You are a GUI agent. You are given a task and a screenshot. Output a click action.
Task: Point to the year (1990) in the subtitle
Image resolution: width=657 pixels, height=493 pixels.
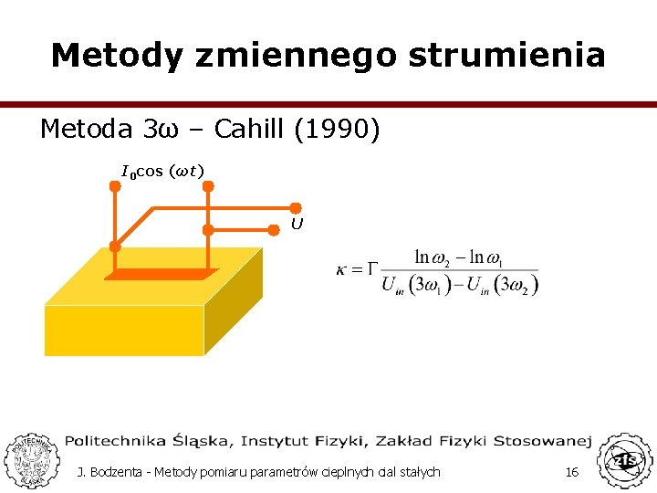point(337,130)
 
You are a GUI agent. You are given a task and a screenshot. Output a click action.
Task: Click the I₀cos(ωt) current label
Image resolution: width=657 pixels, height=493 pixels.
point(162,171)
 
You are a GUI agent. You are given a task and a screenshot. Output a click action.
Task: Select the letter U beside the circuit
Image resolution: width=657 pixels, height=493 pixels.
point(297,224)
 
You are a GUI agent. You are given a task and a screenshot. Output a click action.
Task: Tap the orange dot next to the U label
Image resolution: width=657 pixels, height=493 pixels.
point(296,209)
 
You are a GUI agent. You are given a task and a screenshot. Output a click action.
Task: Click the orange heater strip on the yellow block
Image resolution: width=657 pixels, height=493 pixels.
point(162,274)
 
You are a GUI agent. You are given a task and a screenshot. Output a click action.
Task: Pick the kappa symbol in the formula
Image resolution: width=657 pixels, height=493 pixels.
point(343,270)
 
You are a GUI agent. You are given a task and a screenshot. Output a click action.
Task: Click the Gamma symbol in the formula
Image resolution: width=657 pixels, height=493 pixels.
point(370,269)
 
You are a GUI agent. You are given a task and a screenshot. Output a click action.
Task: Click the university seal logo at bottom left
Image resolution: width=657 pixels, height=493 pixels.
point(30,459)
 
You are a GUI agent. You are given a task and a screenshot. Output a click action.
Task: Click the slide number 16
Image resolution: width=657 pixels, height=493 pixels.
point(572,472)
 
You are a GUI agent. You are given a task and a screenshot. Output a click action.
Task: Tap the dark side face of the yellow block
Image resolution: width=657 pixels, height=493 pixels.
point(234,302)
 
